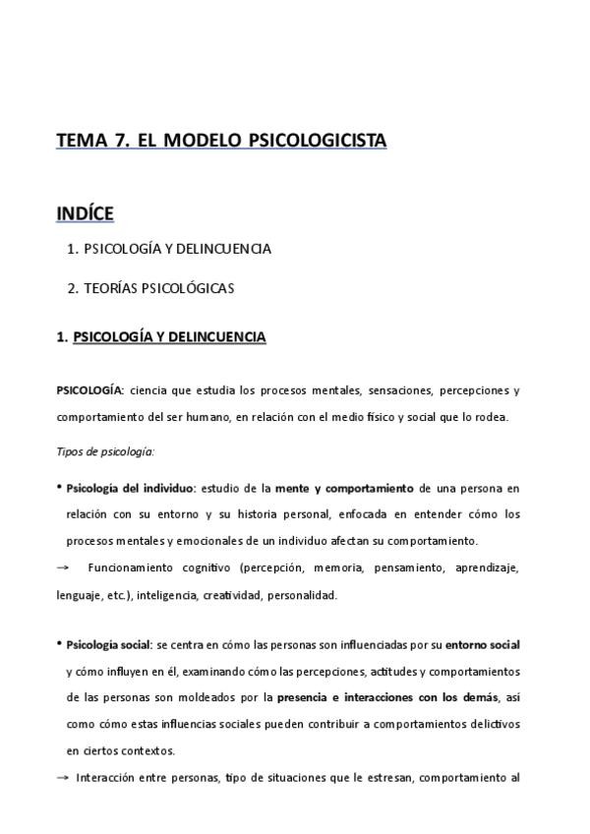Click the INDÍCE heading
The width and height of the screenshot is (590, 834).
(85, 212)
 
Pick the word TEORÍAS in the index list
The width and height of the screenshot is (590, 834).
(112, 288)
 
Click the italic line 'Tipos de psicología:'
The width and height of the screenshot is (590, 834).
(105, 451)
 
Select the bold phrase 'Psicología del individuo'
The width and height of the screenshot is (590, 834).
(130, 488)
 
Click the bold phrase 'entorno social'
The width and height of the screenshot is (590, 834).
(482, 645)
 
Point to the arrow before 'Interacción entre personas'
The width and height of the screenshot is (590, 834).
(64, 777)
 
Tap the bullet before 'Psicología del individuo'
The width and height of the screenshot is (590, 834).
(59, 487)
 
